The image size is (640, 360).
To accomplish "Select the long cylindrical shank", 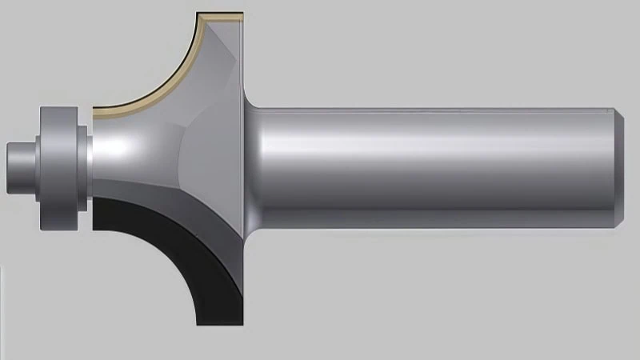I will coord(432,164).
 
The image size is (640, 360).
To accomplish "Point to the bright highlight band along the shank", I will coord(432,148).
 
